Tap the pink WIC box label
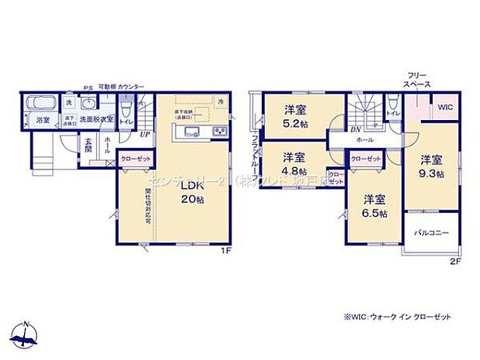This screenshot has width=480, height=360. [447, 108]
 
